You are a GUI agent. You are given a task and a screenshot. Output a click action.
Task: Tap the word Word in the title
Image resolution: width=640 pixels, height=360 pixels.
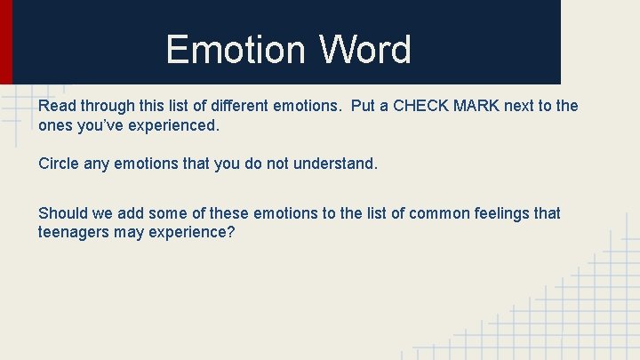[x=365, y=50]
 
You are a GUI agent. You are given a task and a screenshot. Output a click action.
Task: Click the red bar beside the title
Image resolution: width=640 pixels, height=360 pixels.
[x=5, y=42]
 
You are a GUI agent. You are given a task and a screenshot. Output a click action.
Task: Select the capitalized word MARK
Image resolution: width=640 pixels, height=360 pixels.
[x=478, y=106]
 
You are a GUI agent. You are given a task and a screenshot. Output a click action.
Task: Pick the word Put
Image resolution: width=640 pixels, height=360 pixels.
[x=364, y=106]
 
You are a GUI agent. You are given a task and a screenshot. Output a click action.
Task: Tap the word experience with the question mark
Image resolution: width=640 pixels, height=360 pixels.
[x=197, y=232]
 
